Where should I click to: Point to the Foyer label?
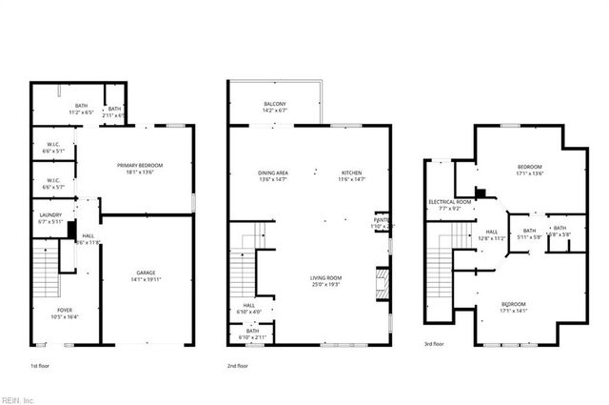click(x=65, y=313)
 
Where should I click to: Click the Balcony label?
click(x=275, y=106)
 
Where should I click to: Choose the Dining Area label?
click(x=273, y=175)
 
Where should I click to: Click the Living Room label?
click(x=325, y=281)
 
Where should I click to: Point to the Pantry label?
click(x=382, y=222)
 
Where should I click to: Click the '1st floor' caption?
click(x=41, y=366)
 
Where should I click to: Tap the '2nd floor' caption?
click(x=237, y=366)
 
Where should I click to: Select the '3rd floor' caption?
click(x=435, y=344)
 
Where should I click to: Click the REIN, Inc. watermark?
click(x=18, y=398)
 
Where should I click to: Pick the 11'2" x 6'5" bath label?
click(x=82, y=109)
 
